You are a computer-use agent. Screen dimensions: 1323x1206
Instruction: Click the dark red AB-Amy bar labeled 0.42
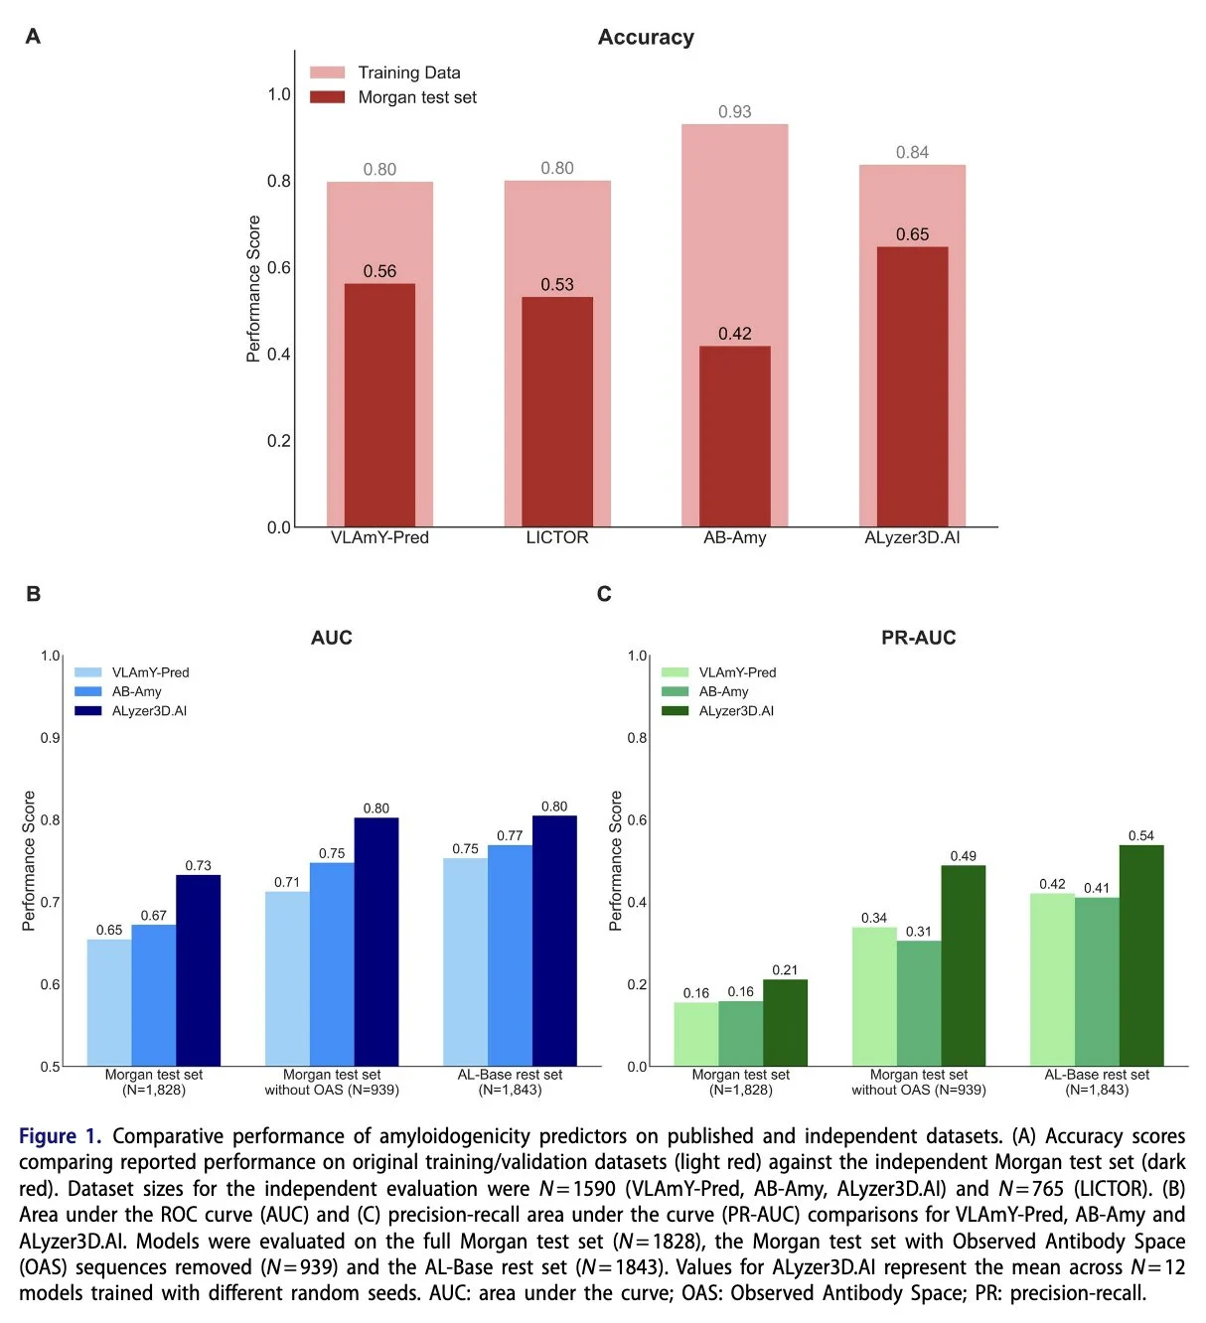coord(734,437)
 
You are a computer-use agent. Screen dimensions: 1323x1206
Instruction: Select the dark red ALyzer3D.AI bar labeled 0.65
coord(912,387)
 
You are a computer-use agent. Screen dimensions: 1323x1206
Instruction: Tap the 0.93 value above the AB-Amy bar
coord(734,112)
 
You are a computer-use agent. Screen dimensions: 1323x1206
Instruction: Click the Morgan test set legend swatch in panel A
coord(327,97)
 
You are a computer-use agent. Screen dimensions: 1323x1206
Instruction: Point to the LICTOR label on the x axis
coord(557,537)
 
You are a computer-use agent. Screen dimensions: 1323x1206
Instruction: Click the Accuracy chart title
coord(646,38)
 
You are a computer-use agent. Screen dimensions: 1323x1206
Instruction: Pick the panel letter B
coord(34,594)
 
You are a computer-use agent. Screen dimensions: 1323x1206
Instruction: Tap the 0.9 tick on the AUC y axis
coord(50,738)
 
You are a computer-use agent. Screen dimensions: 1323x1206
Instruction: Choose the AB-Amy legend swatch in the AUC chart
coord(87,691)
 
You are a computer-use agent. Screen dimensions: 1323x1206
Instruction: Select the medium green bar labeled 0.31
coord(919,1003)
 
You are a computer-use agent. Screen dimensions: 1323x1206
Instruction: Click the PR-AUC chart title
coord(918,638)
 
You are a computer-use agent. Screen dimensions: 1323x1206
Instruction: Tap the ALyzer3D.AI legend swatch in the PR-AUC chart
coord(675,711)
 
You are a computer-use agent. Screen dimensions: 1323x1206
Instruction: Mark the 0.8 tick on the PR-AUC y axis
coord(637,738)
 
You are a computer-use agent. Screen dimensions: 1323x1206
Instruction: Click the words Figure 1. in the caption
coord(60,1136)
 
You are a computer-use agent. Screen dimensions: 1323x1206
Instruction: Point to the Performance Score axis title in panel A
coord(253,289)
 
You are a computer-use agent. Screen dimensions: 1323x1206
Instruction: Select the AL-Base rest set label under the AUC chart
coord(510,1075)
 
